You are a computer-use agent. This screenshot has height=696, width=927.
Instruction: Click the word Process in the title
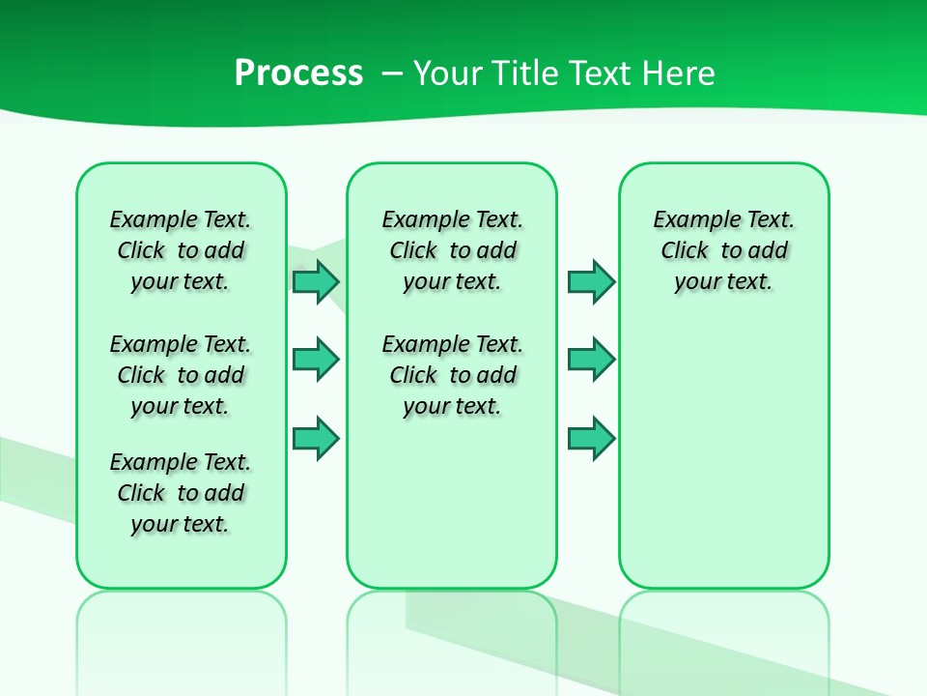pyautogui.click(x=298, y=73)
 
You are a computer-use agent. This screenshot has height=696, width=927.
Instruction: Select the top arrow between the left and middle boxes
pyautogui.click(x=315, y=281)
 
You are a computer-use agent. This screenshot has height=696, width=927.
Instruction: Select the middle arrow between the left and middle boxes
pyautogui.click(x=315, y=360)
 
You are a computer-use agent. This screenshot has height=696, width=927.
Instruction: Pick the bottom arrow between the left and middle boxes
pyautogui.click(x=315, y=439)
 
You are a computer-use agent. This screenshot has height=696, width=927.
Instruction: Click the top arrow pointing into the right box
pyautogui.click(x=591, y=281)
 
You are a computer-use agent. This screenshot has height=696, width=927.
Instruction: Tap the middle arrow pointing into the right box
pyautogui.click(x=591, y=360)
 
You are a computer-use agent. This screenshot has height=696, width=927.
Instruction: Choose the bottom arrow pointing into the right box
pyautogui.click(x=591, y=439)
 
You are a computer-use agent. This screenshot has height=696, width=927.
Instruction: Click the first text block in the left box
pyautogui.click(x=181, y=250)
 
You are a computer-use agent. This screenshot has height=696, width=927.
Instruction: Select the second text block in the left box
pyautogui.click(x=181, y=375)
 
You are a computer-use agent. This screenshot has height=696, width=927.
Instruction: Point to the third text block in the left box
pyautogui.click(x=181, y=493)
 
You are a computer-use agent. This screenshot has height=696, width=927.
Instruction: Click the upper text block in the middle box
pyautogui.click(x=452, y=250)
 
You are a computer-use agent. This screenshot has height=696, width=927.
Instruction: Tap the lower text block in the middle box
pyautogui.click(x=452, y=375)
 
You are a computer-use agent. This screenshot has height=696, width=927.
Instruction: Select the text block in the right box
pyautogui.click(x=723, y=250)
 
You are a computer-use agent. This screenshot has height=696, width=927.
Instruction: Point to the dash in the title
pyautogui.click(x=392, y=73)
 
